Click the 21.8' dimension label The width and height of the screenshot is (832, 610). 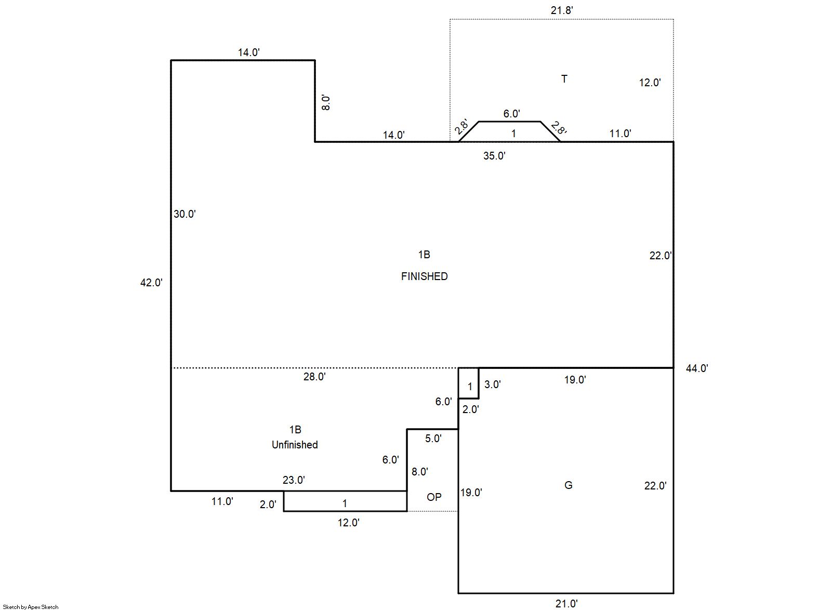pos(562,10)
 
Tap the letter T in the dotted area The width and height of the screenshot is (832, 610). pos(564,79)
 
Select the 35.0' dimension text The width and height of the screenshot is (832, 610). pos(494,156)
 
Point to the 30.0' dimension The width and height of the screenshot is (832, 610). pos(184,214)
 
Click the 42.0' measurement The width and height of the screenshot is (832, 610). pos(151,283)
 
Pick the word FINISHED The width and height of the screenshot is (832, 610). pos(424,276)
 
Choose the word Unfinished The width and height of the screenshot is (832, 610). pos(295,445)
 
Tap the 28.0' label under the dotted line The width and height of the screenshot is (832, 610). pos(314,377)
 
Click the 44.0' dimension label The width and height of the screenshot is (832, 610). pos(697,368)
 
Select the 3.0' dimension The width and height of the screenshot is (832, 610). pos(493,384)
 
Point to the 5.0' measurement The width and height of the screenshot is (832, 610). pos(433,439)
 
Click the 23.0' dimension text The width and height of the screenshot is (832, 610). pos(294,480)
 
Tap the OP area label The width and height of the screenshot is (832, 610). pos(434,497)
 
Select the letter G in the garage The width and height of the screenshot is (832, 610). pos(569,485)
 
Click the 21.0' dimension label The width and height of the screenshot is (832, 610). pos(566,604)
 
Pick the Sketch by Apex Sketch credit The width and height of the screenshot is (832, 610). pos(31,607)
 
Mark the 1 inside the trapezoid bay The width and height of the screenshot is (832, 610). pos(513,134)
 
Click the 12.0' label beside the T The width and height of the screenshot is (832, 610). pos(650,83)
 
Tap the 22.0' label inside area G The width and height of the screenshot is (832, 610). pos(655,486)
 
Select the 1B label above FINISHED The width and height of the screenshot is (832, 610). pos(424,255)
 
